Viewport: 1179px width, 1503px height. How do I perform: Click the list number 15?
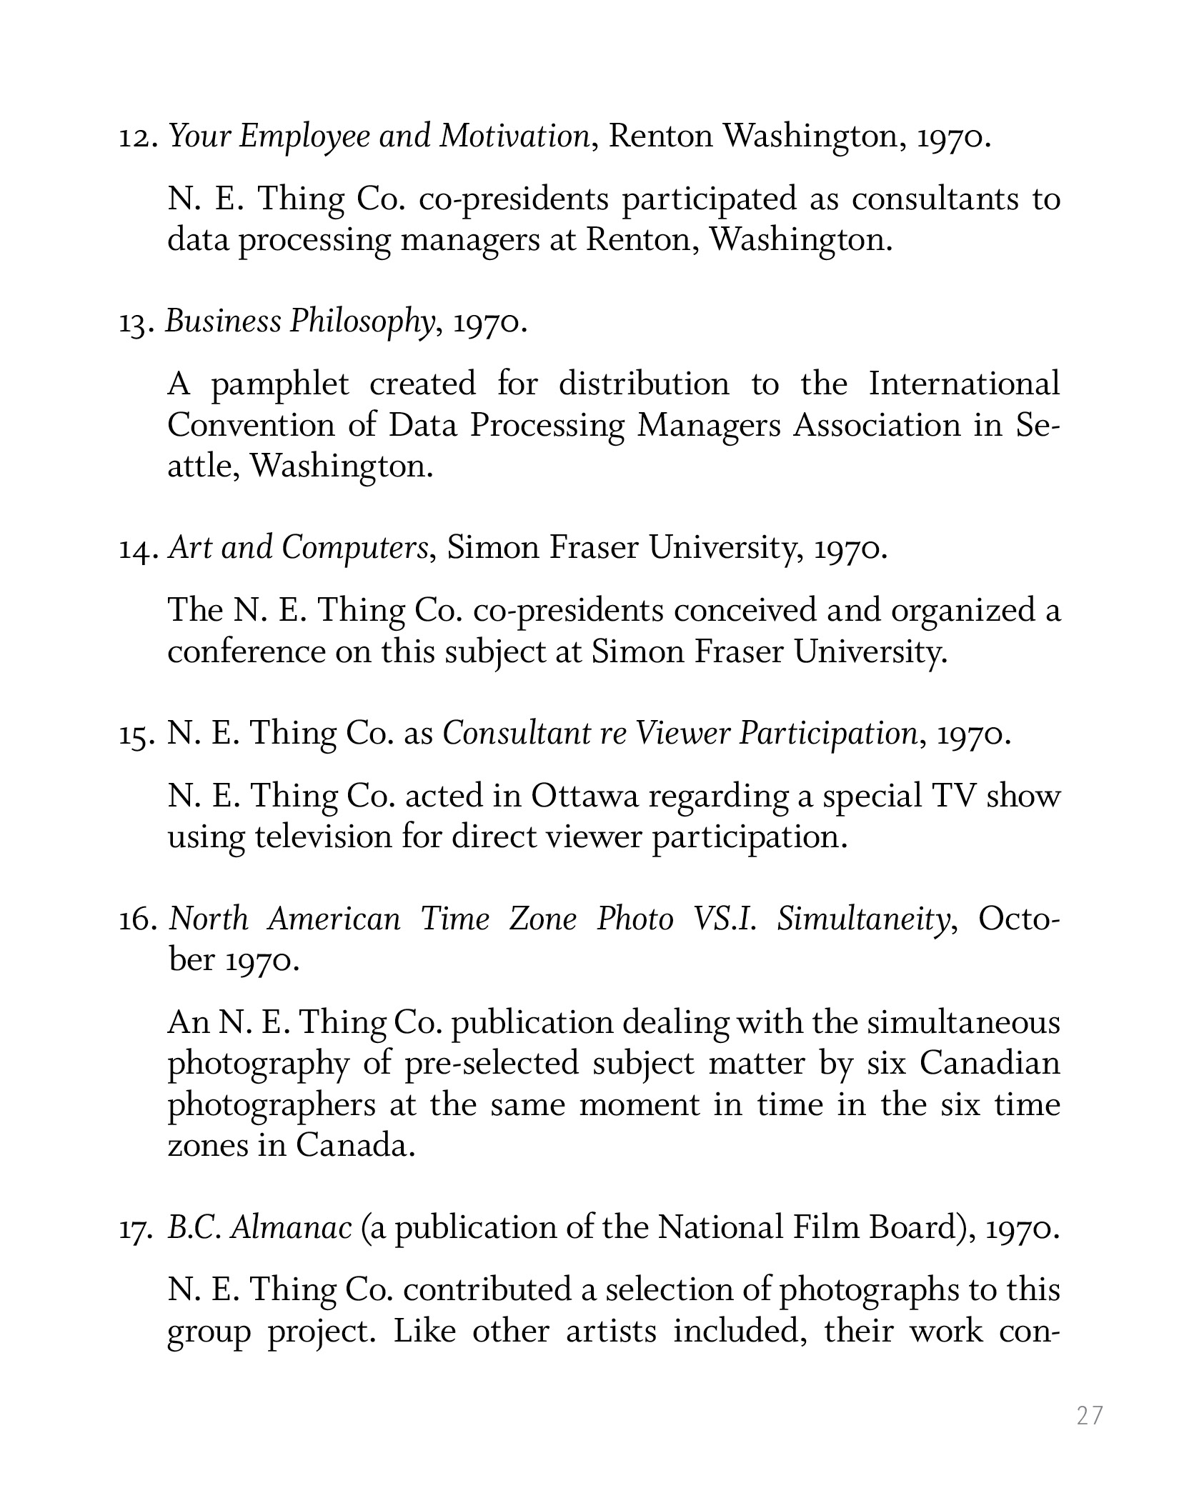tap(136, 734)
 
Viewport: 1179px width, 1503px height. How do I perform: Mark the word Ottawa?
tap(584, 797)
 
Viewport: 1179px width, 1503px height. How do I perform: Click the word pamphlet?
tap(280, 386)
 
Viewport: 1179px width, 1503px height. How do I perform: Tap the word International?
tap(964, 384)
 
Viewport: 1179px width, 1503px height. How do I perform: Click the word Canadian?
tap(990, 1064)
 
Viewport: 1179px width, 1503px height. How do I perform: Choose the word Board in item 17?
tap(912, 1228)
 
